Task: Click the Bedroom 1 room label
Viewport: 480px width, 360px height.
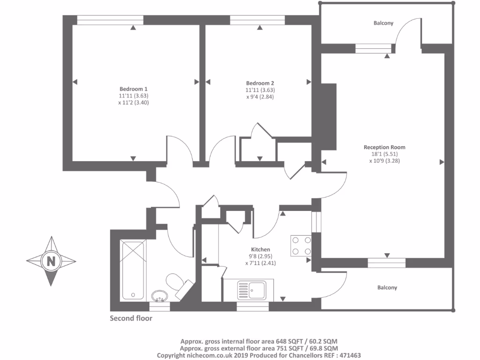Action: pos(134,89)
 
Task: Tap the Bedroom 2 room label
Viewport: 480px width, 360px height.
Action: pos(260,83)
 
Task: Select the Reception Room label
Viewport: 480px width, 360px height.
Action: pos(384,147)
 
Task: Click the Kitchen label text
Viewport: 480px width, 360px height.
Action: pos(261,249)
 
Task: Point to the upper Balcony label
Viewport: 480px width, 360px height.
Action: pos(383,23)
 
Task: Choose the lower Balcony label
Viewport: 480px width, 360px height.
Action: pos(387,287)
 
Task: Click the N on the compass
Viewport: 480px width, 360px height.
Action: pos(51,261)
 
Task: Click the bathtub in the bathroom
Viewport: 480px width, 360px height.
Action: pos(134,270)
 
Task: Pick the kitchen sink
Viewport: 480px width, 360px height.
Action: pos(251,290)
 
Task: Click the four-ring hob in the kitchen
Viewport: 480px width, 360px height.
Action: pos(301,245)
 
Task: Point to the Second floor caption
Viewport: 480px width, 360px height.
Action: pos(131,318)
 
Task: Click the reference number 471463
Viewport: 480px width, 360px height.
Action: pos(347,355)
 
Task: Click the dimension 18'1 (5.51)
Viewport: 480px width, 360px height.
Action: pos(384,154)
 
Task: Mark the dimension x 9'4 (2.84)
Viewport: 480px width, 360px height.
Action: pos(260,97)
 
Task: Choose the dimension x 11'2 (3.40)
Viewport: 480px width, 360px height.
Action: pos(134,102)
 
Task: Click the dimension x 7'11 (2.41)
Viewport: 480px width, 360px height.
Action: pos(261,263)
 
